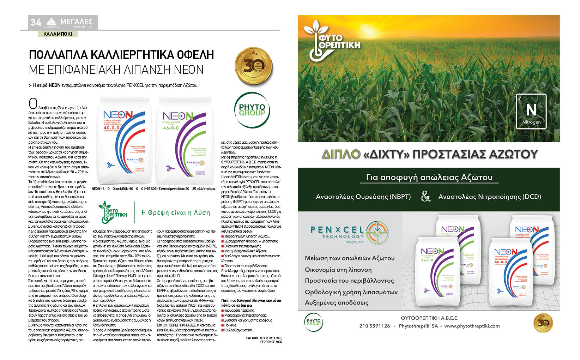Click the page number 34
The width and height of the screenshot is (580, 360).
(36, 22)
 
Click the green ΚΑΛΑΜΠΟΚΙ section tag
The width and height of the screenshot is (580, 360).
(58, 34)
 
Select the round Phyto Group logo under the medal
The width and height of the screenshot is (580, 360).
(252, 110)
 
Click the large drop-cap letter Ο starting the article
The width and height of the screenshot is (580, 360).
(33, 103)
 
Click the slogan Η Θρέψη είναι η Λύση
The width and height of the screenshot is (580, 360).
(175, 212)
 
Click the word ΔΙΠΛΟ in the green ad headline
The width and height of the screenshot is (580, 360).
(341, 154)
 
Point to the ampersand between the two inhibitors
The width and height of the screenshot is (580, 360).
(425, 197)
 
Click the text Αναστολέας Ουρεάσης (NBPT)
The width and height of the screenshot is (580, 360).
(363, 197)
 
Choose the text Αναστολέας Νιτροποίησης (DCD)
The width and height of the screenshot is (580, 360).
(489, 197)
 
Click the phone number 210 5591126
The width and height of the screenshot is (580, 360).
(375, 326)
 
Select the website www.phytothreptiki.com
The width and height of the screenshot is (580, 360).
(472, 326)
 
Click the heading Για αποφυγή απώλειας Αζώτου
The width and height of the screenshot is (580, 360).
(429, 177)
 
